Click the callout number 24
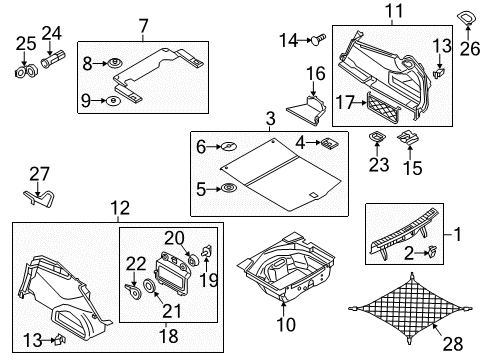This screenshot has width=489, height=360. click(52, 34)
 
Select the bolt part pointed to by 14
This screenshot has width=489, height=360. click(318, 40)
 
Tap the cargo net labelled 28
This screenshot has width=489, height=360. click(410, 308)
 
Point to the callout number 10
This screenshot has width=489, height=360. click(286, 324)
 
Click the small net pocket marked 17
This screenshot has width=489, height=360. click(383, 107)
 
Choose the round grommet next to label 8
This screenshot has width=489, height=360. click(115, 63)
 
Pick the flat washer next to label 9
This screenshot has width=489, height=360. click(113, 100)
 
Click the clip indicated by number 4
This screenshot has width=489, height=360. click(329, 144)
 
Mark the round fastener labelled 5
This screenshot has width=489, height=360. click(228, 188)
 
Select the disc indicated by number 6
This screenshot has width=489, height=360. click(229, 146)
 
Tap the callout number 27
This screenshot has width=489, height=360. click(39, 174)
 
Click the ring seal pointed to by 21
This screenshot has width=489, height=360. click(149, 286)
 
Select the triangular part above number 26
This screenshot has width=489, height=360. click(467, 18)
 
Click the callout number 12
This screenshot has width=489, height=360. click(120, 208)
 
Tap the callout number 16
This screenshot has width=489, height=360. click(316, 74)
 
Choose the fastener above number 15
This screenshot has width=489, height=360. click(408, 138)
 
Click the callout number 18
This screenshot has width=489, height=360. click(169, 336)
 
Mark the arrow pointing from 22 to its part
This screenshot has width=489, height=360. click(134, 278)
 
